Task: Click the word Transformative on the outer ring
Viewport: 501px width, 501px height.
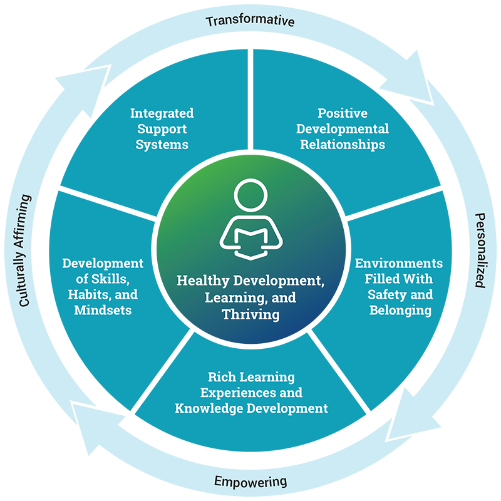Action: coord(250,21)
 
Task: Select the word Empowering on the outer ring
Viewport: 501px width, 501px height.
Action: coord(250,482)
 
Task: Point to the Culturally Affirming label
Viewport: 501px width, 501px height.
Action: coord(23,250)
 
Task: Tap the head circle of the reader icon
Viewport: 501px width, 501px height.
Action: coord(250,195)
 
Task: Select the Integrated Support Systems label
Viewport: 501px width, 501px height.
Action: coord(162,128)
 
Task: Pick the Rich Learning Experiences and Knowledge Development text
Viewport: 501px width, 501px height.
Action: coord(251,393)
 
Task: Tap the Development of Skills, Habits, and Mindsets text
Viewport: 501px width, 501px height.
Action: coord(103,286)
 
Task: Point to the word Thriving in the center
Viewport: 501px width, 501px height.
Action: coord(250,314)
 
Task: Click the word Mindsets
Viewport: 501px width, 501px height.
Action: coord(103,309)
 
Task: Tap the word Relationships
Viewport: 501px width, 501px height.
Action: coord(343,144)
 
